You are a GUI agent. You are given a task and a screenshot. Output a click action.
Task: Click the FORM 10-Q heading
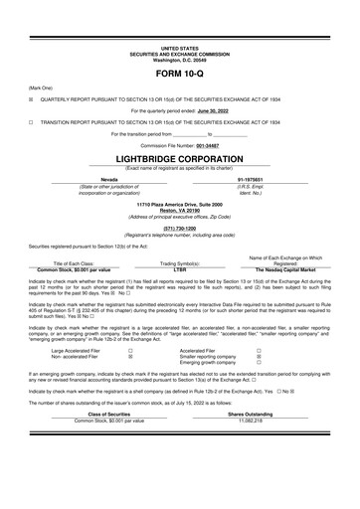179,75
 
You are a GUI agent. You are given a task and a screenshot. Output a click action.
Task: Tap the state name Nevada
96,179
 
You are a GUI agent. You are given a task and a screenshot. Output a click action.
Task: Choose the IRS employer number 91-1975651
264,179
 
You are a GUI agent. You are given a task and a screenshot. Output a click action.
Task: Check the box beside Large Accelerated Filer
130,351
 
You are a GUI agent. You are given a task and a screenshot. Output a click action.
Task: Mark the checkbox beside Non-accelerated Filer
130,357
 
